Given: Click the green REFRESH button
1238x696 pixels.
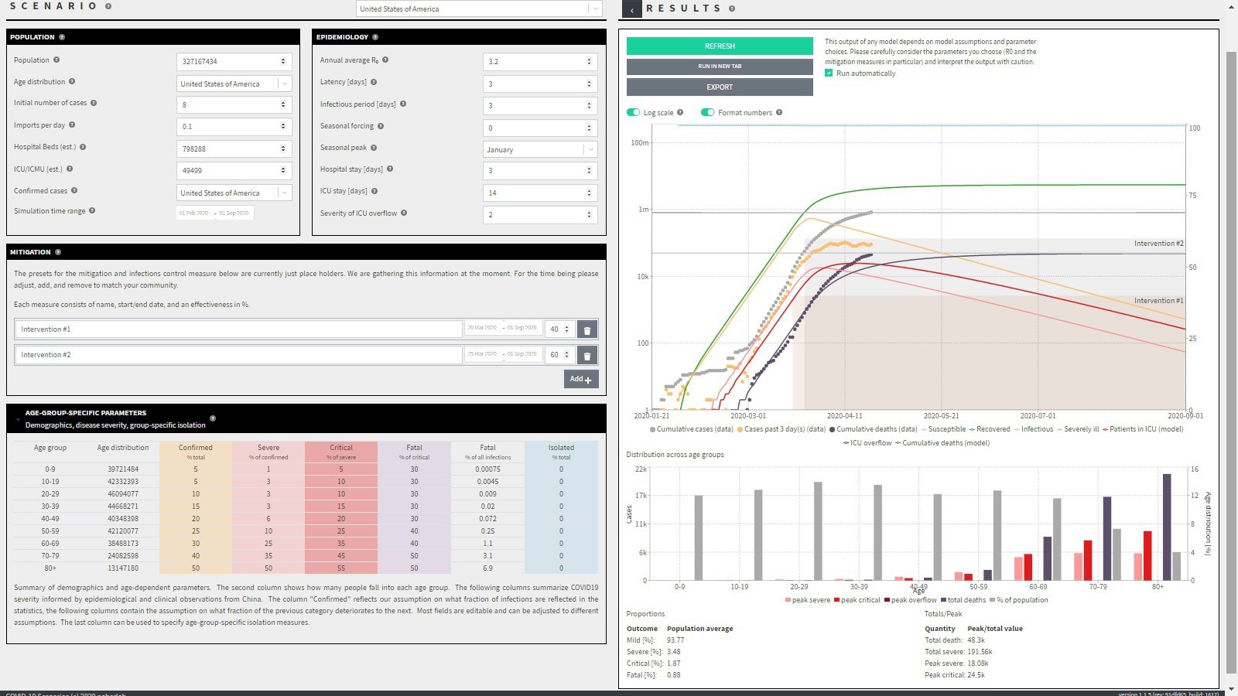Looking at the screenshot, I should coord(720,46).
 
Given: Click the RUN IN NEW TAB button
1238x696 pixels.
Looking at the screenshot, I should coord(720,67).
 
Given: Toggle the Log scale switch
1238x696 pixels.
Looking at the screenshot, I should coord(634,113).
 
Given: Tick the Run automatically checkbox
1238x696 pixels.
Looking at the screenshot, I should coord(829,73).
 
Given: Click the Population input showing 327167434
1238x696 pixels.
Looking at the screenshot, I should coord(229,61).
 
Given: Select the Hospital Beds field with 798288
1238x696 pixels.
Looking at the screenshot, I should coord(229,148).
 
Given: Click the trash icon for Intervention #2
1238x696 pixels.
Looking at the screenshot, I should coord(587,356).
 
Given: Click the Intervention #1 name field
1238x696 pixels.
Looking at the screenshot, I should coord(238,329).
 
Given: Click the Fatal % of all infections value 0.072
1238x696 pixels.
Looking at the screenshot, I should coord(487,519).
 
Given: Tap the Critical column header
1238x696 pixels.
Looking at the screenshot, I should coord(341,448).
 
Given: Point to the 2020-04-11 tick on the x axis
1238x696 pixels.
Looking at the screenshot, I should coord(844,416).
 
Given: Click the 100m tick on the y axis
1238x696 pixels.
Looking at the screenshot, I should coord(640,143).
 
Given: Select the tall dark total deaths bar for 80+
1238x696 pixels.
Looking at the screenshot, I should coord(1167,527).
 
